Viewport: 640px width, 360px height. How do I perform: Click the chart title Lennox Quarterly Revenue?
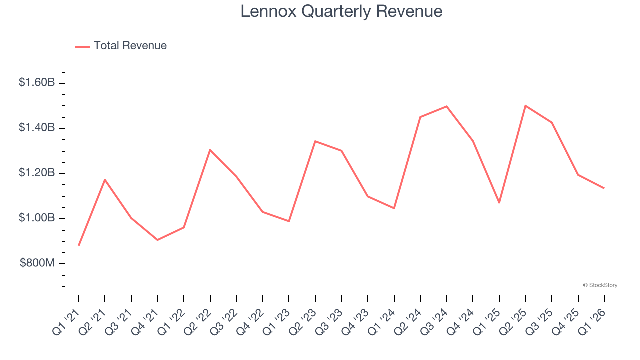click(x=341, y=11)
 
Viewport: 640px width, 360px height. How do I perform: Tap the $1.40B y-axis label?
click(x=37, y=128)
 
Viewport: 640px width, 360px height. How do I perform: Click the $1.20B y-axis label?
click(x=37, y=173)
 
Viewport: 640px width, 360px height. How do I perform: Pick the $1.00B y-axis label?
click(x=37, y=218)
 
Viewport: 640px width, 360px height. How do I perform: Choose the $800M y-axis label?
click(x=37, y=263)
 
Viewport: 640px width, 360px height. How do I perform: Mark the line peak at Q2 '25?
click(x=525, y=106)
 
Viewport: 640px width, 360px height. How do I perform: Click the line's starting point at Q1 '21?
click(x=79, y=245)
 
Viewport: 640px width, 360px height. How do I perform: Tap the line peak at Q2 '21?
click(x=105, y=179)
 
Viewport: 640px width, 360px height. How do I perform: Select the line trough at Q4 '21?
click(x=157, y=240)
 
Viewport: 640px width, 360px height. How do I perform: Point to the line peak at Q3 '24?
click(x=446, y=106)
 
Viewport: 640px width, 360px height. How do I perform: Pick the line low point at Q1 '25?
click(x=499, y=202)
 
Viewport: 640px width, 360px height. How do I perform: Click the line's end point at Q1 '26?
click(x=604, y=188)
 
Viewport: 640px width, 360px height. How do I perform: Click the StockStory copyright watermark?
click(x=600, y=285)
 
